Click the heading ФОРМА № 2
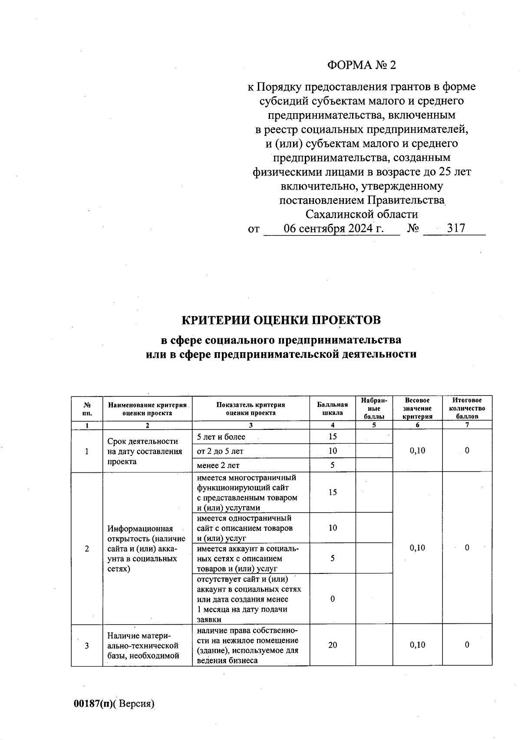pos(361,65)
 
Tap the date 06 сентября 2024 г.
pos(333,228)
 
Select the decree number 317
pos(456,228)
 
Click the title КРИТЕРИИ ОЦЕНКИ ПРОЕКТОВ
pos(281,320)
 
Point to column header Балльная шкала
pos(332,409)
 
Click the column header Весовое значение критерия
pos(417,409)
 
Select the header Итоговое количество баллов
pos(467,409)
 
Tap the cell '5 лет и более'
pos(221,437)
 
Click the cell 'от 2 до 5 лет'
pos(220,451)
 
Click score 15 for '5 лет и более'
pos(332,437)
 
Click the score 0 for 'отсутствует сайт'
pos(332,599)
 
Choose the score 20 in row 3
pos(332,645)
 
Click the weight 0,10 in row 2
pos(417,548)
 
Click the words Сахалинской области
pos(362,214)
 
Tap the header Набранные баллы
pos(374,409)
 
